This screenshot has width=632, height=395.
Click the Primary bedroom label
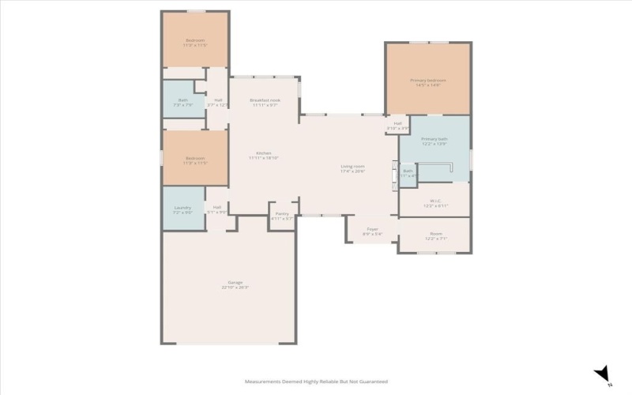(x=427, y=80)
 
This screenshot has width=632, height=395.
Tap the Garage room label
(x=235, y=282)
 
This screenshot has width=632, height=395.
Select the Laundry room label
(x=182, y=208)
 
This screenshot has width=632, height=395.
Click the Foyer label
(x=372, y=229)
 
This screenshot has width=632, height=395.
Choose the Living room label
(x=352, y=166)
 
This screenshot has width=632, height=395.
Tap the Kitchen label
(x=264, y=152)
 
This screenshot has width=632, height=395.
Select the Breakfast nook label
(x=265, y=100)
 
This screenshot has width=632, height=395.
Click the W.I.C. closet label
(x=435, y=201)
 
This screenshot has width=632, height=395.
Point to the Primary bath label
(x=434, y=138)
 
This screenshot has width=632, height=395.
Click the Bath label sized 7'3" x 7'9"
(x=183, y=100)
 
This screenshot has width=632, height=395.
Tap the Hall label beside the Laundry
(x=217, y=207)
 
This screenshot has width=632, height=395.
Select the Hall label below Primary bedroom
(x=398, y=122)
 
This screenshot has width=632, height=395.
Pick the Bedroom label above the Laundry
(x=195, y=158)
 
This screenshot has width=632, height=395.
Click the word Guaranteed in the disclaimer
(x=371, y=381)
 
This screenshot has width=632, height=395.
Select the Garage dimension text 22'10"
(x=228, y=287)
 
